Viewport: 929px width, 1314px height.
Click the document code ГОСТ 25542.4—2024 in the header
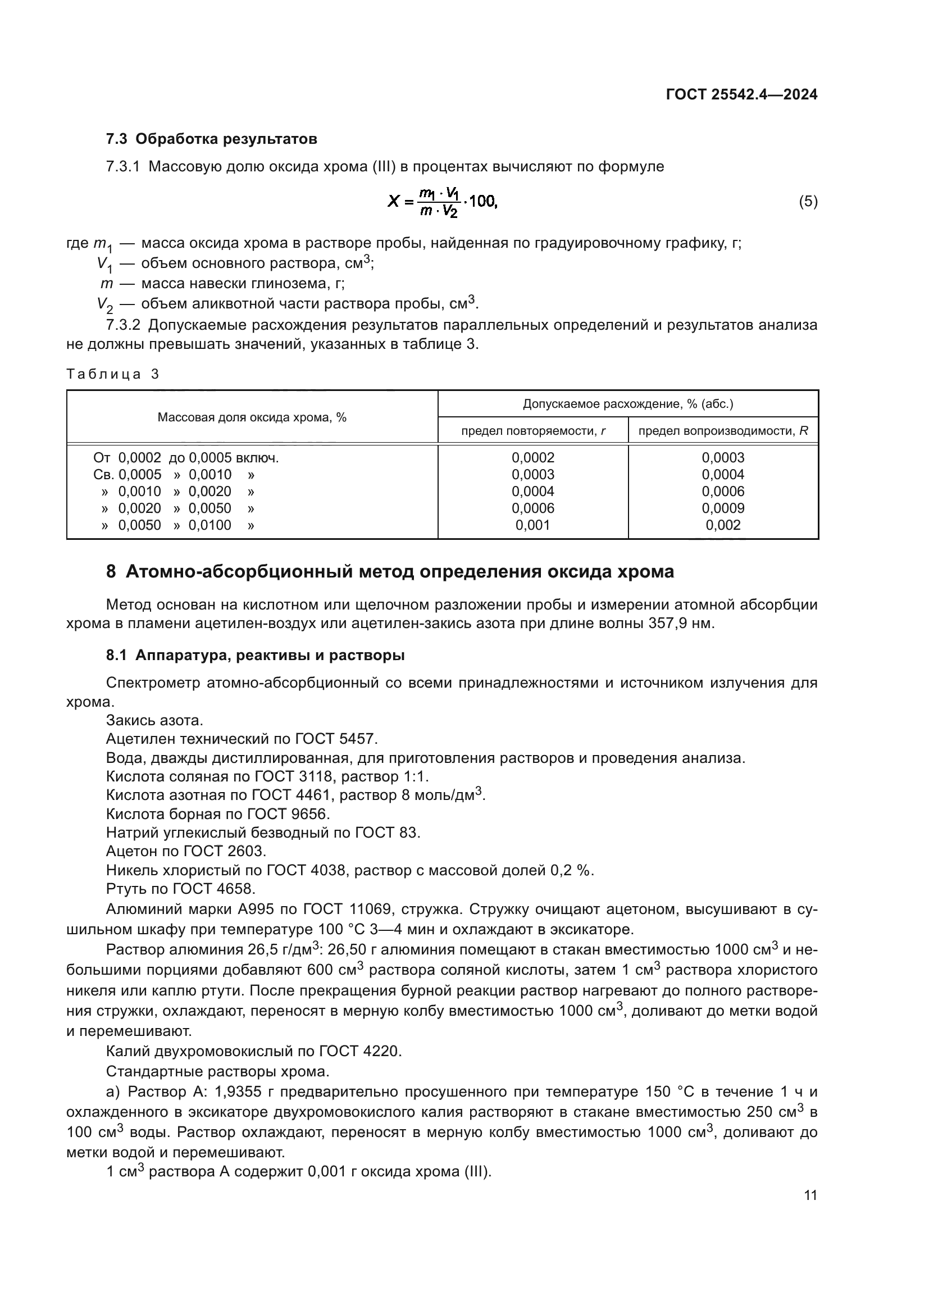pos(741,95)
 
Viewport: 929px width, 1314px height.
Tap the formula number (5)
pos(808,202)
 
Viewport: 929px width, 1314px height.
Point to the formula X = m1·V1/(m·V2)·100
pos(442,202)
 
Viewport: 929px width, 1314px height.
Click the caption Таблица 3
pos(113,374)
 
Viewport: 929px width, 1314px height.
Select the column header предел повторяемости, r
pos(533,431)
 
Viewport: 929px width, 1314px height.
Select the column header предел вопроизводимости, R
pos(723,431)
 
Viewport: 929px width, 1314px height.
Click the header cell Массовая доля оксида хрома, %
pos(252,417)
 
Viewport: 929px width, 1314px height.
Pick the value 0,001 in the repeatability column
pos(532,525)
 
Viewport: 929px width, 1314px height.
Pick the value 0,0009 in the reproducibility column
pos(723,508)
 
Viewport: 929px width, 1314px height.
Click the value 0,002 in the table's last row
pos(723,525)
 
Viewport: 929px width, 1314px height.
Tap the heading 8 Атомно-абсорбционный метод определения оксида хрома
pos(390,572)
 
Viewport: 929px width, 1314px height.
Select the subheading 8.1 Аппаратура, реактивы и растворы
pos(255,655)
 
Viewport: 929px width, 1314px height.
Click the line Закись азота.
pos(154,721)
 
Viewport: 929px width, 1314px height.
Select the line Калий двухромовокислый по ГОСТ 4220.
pos(254,1051)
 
